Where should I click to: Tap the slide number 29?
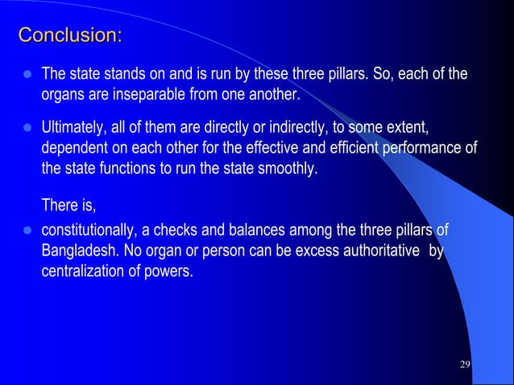[x=464, y=365]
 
